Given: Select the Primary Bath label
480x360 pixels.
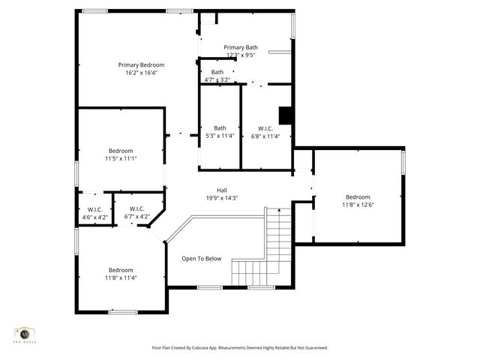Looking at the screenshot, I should [241, 47].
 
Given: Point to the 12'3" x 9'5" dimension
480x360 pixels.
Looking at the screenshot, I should [241, 55].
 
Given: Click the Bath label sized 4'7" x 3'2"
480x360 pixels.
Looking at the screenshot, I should [217, 72].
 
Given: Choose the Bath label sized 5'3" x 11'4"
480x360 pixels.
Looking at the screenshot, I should [220, 127].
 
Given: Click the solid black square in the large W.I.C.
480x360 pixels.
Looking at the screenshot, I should [286, 115].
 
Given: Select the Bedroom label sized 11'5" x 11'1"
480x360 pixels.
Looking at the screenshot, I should [121, 150].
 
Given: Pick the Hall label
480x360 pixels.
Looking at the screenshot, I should [222, 190].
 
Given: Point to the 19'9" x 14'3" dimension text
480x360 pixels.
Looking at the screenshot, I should [222, 198].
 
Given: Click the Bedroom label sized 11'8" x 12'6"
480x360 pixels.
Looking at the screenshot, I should [358, 196].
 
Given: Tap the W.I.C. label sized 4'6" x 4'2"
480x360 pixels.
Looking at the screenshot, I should [94, 209].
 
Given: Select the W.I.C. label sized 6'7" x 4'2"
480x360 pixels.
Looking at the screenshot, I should [136, 208].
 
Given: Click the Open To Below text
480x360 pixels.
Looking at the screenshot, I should [202, 259].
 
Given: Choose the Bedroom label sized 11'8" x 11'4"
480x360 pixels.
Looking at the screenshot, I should [121, 270].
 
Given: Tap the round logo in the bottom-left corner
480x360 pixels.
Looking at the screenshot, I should [25, 334].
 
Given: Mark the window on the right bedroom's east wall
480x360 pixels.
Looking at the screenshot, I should [403, 162].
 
